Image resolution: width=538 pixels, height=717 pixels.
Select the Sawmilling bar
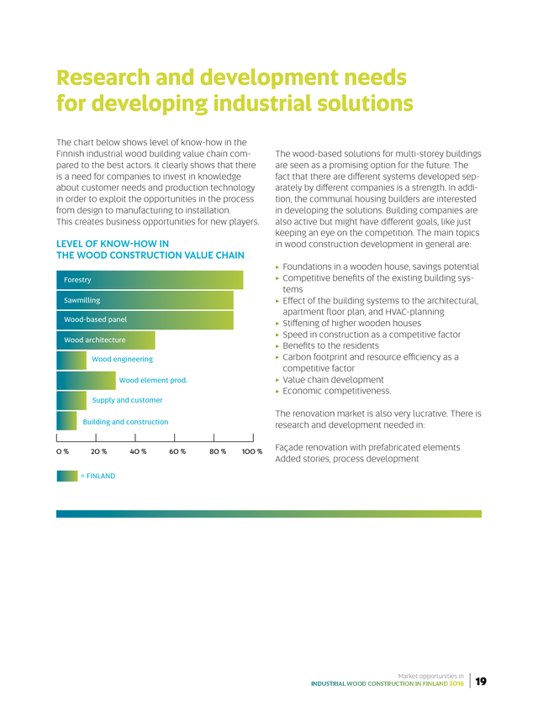pyautogui.click(x=144, y=300)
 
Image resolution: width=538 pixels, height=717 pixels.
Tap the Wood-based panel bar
pyautogui.click(x=144, y=320)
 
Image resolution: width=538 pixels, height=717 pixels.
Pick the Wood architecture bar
pyautogui.click(x=105, y=340)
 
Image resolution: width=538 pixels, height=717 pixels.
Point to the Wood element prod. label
pyautogui.click(x=153, y=380)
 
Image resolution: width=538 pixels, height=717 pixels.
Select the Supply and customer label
pyautogui.click(x=127, y=400)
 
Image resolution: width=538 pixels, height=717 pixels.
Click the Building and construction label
pyautogui.click(x=125, y=421)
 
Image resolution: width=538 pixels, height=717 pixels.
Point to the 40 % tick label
pyautogui.click(x=139, y=452)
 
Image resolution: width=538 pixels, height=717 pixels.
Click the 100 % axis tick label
pyautogui.click(x=252, y=452)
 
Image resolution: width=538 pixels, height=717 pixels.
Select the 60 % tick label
pyautogui.click(x=177, y=452)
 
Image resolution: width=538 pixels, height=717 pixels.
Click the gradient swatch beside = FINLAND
pyautogui.click(x=66, y=475)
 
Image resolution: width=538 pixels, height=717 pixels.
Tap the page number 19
pyautogui.click(x=481, y=682)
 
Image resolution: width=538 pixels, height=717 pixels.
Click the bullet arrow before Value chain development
pyautogui.click(x=277, y=380)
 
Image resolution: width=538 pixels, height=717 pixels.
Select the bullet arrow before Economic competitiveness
pyautogui.click(x=277, y=391)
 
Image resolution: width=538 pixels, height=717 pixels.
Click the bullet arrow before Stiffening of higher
pyautogui.click(x=277, y=323)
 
